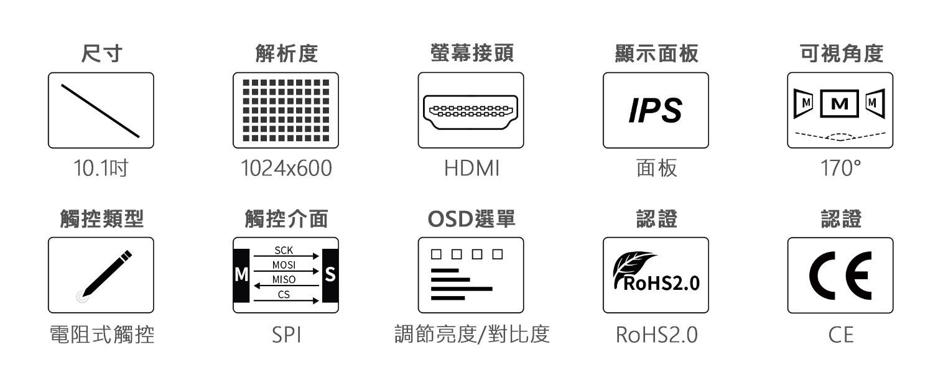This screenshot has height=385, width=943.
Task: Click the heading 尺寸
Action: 101,54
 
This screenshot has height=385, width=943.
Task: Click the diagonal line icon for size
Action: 100,110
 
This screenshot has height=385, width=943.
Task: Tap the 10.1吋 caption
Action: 101,169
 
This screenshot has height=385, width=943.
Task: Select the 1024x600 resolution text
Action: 286,169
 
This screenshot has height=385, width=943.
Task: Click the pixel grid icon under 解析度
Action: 286,110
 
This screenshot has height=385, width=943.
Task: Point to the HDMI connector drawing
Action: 470,111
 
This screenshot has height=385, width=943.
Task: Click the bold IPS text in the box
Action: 655,111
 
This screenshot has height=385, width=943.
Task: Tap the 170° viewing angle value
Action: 840,169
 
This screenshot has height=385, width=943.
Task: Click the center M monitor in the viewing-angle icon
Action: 840,102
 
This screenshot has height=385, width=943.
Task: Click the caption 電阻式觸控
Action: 101,335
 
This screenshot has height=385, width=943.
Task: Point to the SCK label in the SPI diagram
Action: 283,251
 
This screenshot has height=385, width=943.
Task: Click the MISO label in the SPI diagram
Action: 284,280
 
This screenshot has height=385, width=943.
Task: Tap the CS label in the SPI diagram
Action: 284,295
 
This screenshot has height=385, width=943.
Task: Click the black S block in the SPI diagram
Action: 330,275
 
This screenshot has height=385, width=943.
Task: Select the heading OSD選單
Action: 471,219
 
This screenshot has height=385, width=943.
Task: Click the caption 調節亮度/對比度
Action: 472,335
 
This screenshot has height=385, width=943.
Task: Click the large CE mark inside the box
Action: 840,276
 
